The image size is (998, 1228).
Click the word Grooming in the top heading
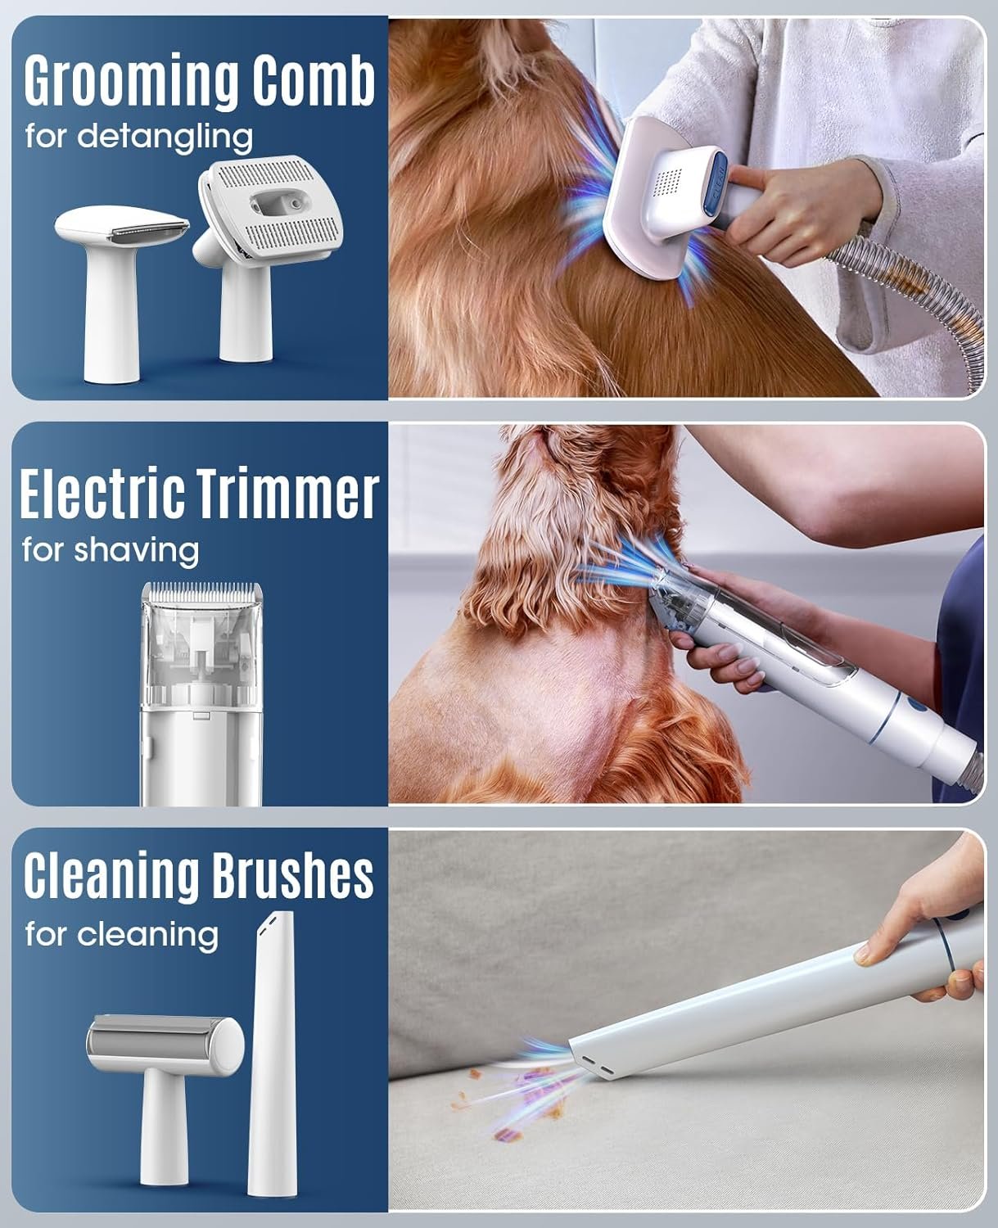(131, 82)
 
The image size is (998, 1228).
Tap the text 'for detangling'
(139, 138)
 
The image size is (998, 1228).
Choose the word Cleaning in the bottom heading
(112, 876)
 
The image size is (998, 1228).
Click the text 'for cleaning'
(122, 935)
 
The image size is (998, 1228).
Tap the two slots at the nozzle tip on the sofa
(595, 1065)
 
